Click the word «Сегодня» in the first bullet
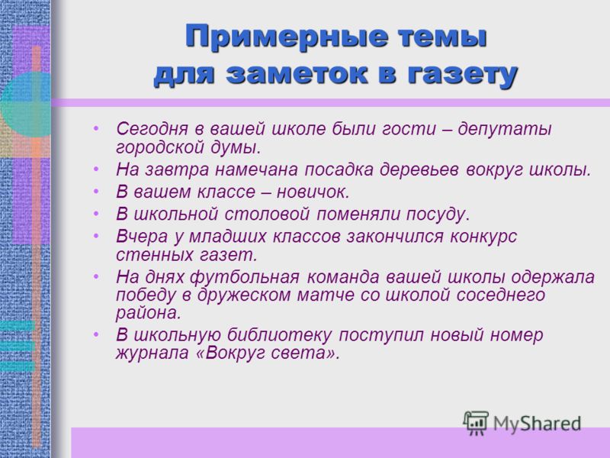click(152, 130)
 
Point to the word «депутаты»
click(505, 130)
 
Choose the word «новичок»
click(313, 192)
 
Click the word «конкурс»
click(483, 237)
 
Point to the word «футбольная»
click(245, 278)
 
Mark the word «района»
click(149, 314)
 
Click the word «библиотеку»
click(279, 335)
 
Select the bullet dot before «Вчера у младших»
click(96, 237)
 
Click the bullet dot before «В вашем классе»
click(96, 192)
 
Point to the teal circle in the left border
click(26, 104)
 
